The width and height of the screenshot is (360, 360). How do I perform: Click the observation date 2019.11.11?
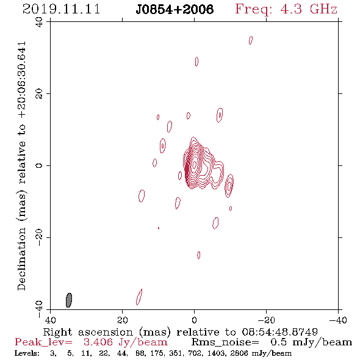coord(61,9)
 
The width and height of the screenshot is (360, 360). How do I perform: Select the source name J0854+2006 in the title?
coord(175,9)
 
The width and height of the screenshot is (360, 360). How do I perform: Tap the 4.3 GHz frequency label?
coord(309,9)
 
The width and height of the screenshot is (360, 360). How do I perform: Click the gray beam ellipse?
coord(69,300)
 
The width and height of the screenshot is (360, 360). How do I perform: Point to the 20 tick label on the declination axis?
coord(39,94)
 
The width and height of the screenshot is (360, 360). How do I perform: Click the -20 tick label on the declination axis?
coord(39,237)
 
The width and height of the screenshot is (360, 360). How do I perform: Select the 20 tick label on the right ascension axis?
coord(122,320)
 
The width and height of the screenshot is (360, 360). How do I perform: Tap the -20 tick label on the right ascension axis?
coord(266,320)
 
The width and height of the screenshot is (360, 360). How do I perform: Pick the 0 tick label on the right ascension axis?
coord(194,320)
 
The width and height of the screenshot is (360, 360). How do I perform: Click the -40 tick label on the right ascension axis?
coord(338,320)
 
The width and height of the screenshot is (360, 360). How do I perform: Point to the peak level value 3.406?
coord(98,342)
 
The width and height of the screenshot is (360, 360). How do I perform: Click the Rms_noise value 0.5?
coord(278,342)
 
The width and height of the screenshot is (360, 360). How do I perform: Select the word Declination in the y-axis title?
coord(21,259)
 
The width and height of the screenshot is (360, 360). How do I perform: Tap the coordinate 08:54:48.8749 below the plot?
coord(279,332)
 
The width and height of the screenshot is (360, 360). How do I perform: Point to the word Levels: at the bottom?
coord(27,353)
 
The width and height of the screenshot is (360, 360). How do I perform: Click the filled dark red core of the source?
coord(187,169)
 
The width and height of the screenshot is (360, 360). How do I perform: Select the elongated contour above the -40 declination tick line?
coord(139,297)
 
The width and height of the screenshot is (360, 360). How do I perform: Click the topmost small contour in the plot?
coord(251,40)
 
